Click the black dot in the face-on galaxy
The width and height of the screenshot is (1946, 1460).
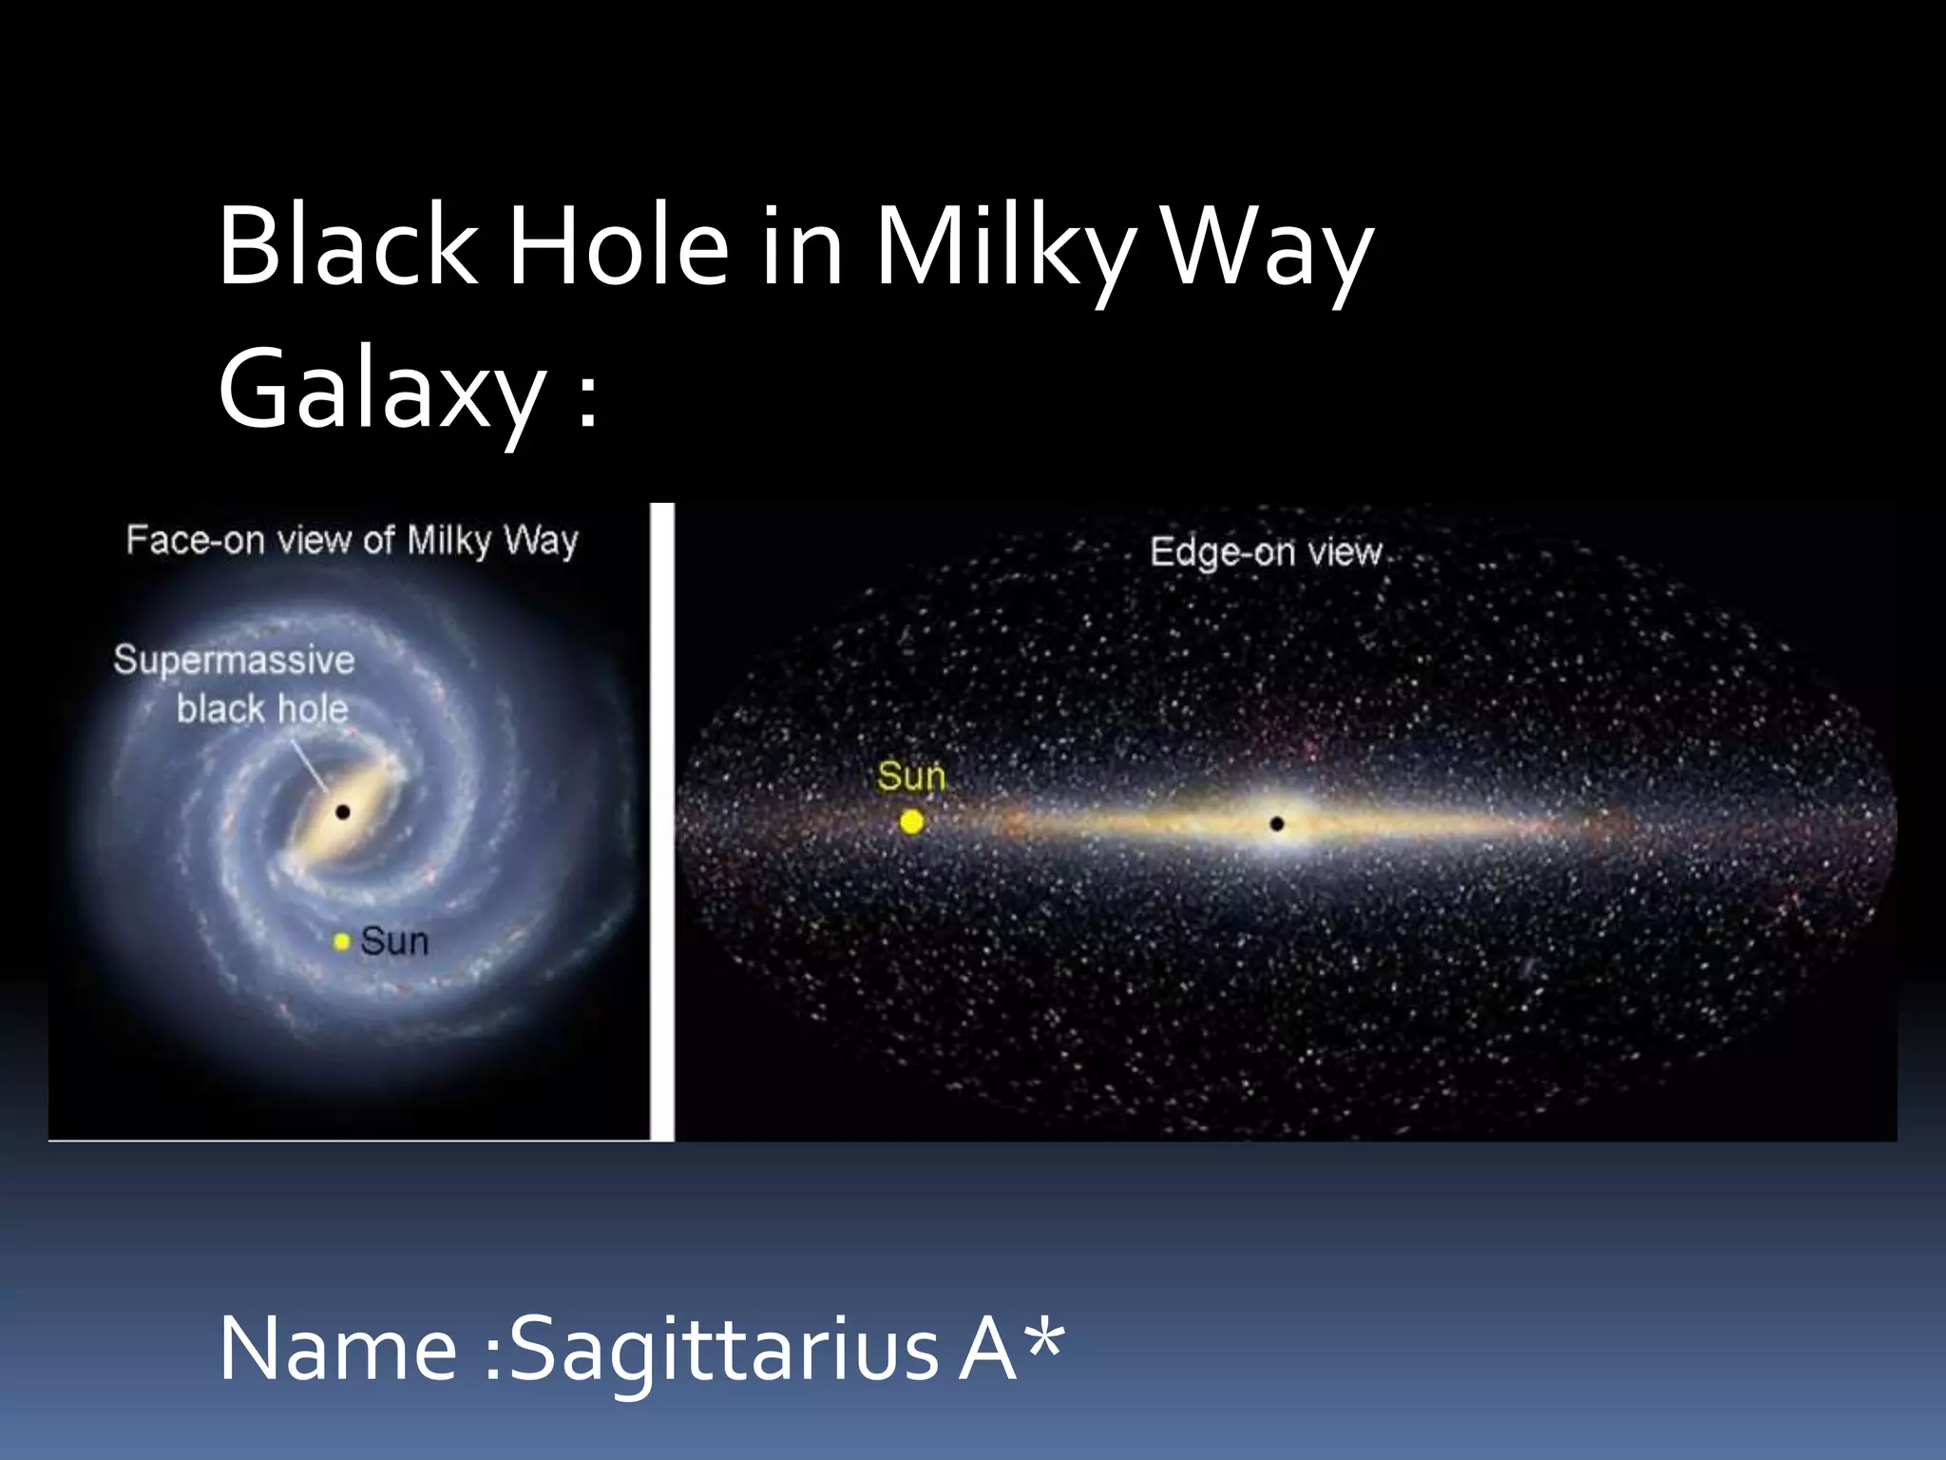pyautogui.click(x=343, y=812)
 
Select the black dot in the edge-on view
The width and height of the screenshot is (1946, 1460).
pyautogui.click(x=1277, y=824)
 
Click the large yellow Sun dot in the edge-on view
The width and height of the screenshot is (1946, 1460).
pyautogui.click(x=911, y=822)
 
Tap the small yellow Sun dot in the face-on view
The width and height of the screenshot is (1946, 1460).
pyautogui.click(x=342, y=942)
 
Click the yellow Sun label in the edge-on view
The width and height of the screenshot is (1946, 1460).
pyautogui.click(x=911, y=777)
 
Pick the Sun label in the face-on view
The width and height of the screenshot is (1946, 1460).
pyautogui.click(x=394, y=942)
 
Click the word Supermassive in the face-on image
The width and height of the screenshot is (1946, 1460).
pyautogui.click(x=234, y=660)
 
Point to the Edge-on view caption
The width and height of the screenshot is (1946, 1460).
pyautogui.click(x=1266, y=552)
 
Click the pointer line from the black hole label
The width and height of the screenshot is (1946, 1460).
pyautogui.click(x=310, y=766)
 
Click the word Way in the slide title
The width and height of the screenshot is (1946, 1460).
pyautogui.click(x=1268, y=249)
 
